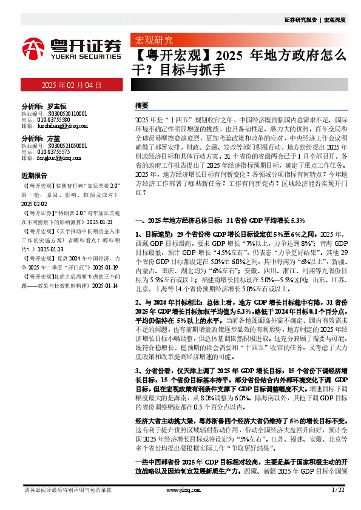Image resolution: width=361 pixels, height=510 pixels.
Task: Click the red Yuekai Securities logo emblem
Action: pyautogui.click(x=35, y=47)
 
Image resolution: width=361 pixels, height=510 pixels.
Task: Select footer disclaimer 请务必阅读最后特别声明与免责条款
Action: pyautogui.click(x=67, y=489)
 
